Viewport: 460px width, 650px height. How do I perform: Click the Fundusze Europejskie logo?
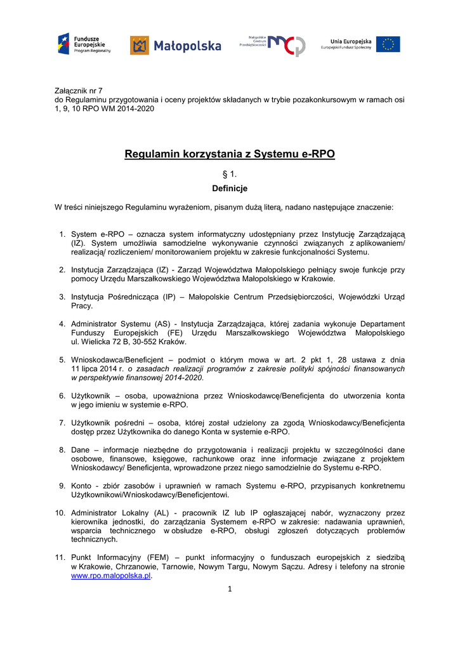tap(84, 44)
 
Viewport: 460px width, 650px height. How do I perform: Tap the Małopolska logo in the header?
tap(175, 45)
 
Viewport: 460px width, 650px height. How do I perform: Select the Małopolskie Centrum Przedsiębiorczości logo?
tap(272, 44)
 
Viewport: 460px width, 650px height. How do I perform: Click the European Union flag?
tap(388, 44)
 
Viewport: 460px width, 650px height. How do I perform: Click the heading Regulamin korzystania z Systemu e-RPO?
tap(230, 154)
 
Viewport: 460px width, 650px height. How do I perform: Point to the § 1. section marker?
tap(230, 173)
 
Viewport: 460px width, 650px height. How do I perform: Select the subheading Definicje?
tap(230, 189)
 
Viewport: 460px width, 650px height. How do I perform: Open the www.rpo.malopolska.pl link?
tap(110, 575)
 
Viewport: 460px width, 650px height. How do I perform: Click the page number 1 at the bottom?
tap(230, 589)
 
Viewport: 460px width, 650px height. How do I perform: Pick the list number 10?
tap(60, 512)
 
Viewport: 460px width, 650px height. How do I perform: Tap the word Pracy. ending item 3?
tap(82, 306)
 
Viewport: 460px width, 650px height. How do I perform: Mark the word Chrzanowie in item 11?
tap(132, 566)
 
